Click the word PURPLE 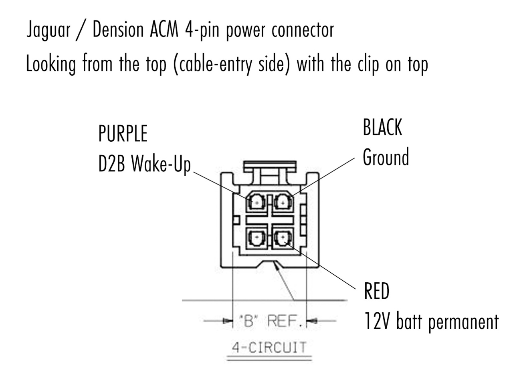pyautogui.click(x=123, y=134)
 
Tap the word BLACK pyautogui.click(x=382, y=128)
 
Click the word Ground pyautogui.click(x=386, y=157)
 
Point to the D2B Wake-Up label pyautogui.click(x=144, y=164)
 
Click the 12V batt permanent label pyautogui.click(x=431, y=321)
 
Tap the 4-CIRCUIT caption pyautogui.click(x=269, y=347)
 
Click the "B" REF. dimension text pyautogui.click(x=269, y=321)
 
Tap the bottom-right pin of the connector pyautogui.click(x=283, y=238)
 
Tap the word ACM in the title pyautogui.click(x=164, y=30)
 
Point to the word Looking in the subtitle pyautogui.click(x=50, y=64)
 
